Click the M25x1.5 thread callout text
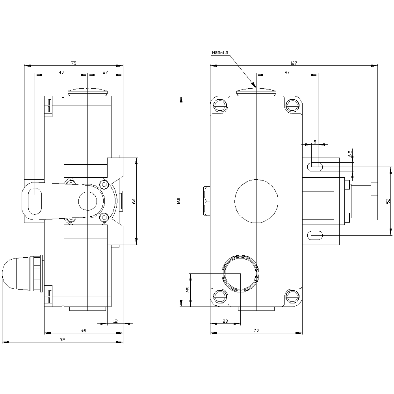(220, 52)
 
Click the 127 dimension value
(294, 63)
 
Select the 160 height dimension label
(178, 201)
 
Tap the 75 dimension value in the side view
(74, 63)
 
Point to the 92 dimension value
(62, 340)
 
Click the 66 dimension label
(134, 201)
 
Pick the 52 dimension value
(388, 201)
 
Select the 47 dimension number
(287, 72)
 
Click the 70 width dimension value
(256, 331)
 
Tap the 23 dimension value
(225, 321)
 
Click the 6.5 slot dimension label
(350, 153)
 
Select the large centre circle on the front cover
(256, 201)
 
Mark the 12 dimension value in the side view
(115, 321)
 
